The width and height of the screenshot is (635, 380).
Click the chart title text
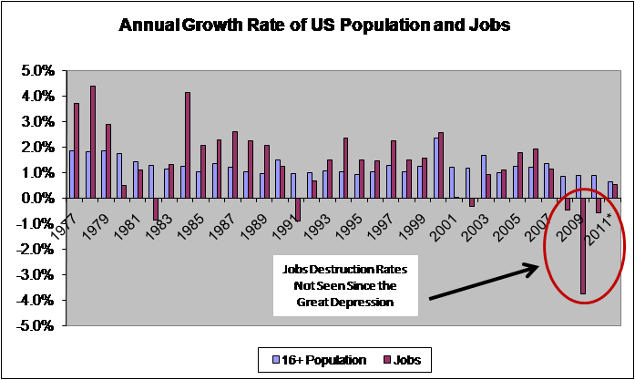(x=317, y=26)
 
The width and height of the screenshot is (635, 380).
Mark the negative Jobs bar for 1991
(x=297, y=209)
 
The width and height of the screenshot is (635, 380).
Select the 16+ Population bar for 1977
(x=71, y=174)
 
